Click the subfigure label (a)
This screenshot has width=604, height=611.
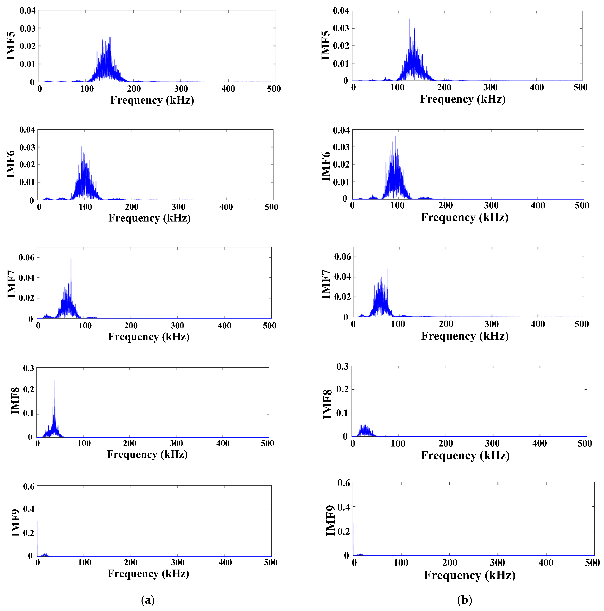click(147, 600)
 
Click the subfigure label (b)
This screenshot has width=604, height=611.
click(464, 600)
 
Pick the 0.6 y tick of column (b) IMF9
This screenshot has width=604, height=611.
click(344, 483)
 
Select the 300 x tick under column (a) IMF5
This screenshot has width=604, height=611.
click(181, 89)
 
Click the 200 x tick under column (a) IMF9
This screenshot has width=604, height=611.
click(130, 562)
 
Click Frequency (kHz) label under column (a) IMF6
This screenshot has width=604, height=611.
click(149, 218)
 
